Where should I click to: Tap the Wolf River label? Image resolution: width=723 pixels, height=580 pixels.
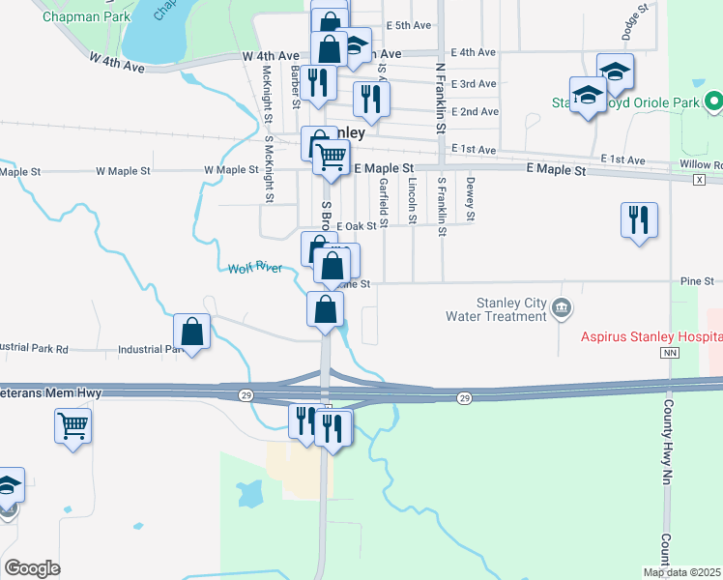pyautogui.click(x=255, y=269)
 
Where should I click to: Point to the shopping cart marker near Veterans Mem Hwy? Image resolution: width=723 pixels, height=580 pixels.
pyautogui.click(x=73, y=425)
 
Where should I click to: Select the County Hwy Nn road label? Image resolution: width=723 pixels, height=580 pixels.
pyautogui.click(x=667, y=454)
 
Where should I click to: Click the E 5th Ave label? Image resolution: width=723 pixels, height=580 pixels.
pyautogui.click(x=407, y=25)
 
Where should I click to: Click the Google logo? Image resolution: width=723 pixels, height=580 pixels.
pyautogui.click(x=32, y=568)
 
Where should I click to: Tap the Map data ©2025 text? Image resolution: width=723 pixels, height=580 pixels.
pyautogui.click(x=681, y=572)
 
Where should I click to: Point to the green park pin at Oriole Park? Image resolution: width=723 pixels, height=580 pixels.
pyautogui.click(x=713, y=101)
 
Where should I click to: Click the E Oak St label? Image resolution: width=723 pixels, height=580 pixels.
pyautogui.click(x=356, y=226)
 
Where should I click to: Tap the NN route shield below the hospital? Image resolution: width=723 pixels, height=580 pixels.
pyautogui.click(x=668, y=355)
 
